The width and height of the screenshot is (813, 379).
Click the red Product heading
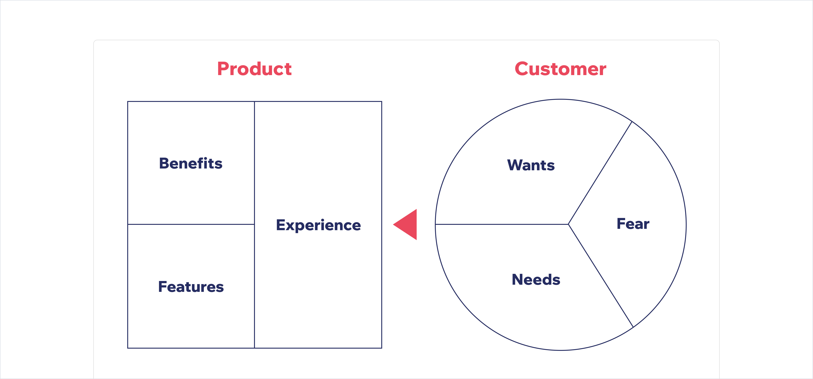coord(254,69)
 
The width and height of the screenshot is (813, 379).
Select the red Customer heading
coord(560,69)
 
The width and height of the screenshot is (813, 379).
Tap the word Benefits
coord(191,163)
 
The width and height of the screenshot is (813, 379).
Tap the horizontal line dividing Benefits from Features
coord(191,224)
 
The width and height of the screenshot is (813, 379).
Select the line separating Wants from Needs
coord(502,224)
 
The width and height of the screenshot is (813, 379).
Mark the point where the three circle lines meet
coord(568,224)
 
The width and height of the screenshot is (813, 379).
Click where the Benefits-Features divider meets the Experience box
coord(254,224)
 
